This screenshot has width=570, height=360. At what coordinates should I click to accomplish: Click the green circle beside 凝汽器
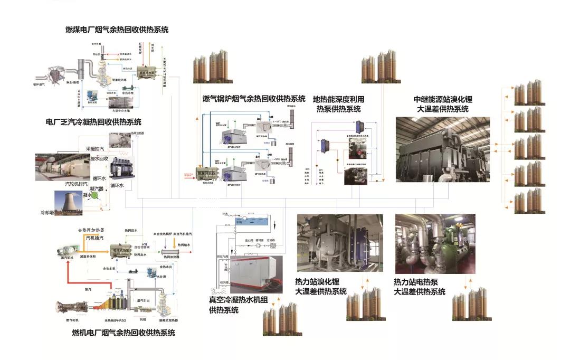(x=96, y=195)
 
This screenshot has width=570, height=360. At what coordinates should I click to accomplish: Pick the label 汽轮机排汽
(x=63, y=185)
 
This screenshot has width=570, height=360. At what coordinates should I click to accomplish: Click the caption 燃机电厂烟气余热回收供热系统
(x=122, y=333)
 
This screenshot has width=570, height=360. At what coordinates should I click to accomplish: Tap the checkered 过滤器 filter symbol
(x=273, y=245)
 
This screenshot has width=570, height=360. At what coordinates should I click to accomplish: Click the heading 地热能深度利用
(x=338, y=99)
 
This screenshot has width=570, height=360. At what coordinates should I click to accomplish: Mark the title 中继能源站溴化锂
(x=441, y=99)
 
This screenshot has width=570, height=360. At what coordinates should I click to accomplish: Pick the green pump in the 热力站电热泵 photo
(x=452, y=248)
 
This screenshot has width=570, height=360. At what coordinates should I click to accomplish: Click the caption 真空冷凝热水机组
(x=239, y=300)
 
